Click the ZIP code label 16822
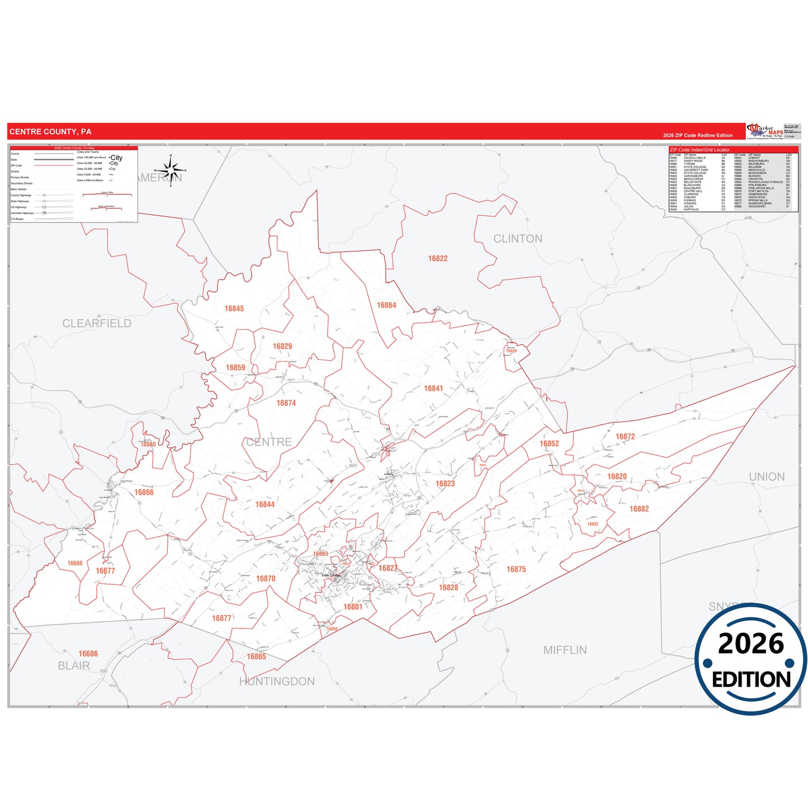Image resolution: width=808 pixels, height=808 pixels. point(438,258)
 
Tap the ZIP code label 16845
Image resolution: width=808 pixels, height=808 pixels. point(234,309)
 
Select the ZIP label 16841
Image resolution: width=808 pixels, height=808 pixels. point(433,389)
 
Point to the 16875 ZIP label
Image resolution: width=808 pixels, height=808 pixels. point(516,569)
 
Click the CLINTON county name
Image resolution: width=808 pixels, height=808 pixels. point(518,239)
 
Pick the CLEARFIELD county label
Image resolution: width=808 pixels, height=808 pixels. point(97,323)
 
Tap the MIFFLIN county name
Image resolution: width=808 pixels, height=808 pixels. point(565,650)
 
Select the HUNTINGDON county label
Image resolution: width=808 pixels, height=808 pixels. point(277,681)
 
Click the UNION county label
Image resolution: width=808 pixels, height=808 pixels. point(767,476)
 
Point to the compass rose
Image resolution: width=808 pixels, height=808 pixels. point(171,169)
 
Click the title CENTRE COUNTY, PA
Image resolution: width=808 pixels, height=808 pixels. point(50,132)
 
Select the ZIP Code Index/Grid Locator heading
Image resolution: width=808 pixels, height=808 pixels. point(700,150)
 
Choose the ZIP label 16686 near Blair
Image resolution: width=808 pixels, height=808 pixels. point(88,654)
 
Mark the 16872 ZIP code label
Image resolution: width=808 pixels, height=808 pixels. point(625,437)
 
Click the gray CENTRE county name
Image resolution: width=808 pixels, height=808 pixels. point(269,442)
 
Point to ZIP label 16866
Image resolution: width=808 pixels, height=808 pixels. point(144,493)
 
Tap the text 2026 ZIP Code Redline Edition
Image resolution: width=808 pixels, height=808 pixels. point(697,135)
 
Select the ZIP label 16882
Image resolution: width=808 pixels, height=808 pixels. point(639,509)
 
